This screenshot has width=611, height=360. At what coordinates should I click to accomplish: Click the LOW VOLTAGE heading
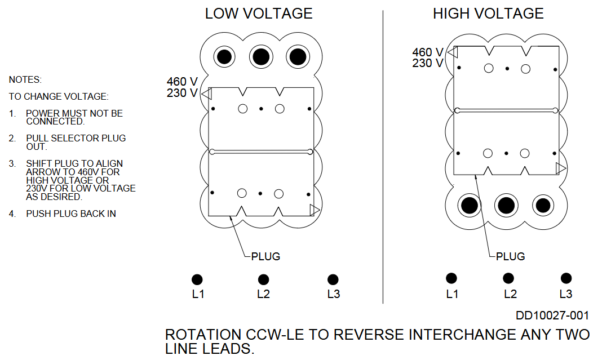pos(259,14)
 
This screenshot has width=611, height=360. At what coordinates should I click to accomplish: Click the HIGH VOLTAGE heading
pos(488,14)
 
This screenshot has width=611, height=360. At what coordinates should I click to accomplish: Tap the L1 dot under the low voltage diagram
pos(197,279)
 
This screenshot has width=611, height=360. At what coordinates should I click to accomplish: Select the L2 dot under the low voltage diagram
pos(263,279)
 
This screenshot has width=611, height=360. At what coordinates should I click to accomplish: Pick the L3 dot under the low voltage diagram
pos(333,279)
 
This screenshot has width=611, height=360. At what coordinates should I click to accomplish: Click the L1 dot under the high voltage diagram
pos(451,278)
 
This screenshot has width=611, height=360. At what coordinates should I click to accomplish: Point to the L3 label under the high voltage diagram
pos(565,294)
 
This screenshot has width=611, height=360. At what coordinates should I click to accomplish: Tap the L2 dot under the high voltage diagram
pos(508,278)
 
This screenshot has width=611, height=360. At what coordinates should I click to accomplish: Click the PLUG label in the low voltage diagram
pos(265,256)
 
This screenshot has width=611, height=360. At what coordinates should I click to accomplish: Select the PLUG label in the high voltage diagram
pos(510,256)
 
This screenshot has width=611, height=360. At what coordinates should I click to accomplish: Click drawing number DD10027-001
pos(552,315)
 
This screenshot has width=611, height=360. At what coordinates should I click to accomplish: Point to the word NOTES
pos(25,80)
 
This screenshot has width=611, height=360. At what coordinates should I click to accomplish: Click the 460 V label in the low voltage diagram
pos(182,82)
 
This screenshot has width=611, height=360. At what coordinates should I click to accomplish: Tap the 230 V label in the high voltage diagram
pos(427,63)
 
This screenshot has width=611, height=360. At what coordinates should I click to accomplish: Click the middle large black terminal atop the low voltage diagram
pos(260,57)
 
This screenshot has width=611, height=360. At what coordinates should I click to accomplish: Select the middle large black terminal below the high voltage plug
pos(505,206)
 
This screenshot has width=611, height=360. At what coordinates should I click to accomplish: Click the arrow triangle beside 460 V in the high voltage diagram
pos(452,52)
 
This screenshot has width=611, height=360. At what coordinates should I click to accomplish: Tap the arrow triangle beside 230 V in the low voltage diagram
pos(206,93)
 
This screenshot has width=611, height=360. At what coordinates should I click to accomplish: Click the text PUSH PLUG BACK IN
pos(71,214)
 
